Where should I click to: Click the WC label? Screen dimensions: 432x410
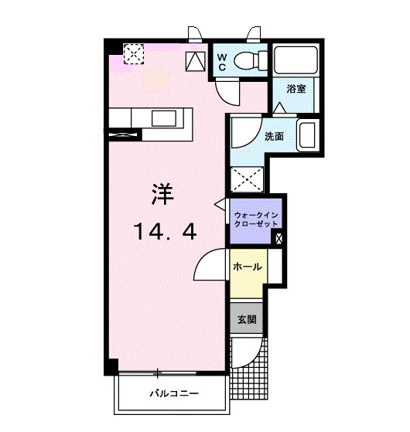(221, 62)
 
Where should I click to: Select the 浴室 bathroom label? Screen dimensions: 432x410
(296, 89)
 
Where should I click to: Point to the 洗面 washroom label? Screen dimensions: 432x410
(274, 137)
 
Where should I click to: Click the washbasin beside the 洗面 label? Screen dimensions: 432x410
(306, 136)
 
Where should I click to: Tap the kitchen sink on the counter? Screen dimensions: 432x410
(166, 117)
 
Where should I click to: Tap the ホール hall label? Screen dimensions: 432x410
(246, 267)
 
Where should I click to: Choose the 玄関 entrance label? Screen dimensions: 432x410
(246, 318)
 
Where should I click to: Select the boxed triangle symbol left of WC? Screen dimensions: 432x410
(195, 60)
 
